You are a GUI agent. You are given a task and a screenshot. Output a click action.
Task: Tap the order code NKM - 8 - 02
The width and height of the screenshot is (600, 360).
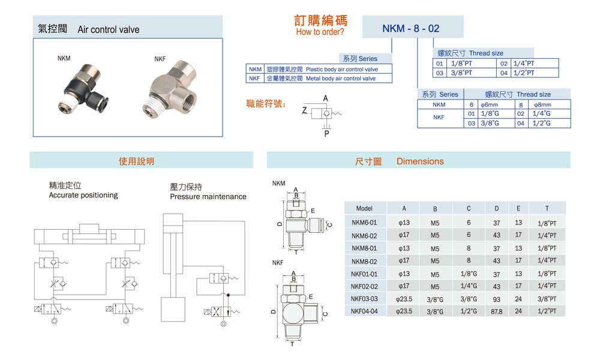(x=411, y=28)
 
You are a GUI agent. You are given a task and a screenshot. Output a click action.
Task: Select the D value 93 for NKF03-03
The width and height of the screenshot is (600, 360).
(x=496, y=298)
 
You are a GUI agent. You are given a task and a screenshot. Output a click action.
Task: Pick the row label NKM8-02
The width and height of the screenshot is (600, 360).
(x=364, y=261)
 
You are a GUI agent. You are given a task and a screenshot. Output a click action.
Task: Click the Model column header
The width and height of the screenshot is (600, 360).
(x=364, y=209)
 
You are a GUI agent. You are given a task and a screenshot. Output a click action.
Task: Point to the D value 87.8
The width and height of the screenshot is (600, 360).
(x=496, y=311)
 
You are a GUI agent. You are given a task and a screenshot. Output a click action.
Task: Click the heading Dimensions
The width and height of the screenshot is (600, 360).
(x=420, y=161)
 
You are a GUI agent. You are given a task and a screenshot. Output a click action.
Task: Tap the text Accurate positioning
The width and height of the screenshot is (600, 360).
(x=83, y=195)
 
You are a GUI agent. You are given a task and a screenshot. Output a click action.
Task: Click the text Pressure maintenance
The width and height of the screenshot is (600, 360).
(x=208, y=197)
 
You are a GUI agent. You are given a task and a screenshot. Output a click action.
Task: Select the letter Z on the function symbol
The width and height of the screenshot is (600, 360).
(x=305, y=111)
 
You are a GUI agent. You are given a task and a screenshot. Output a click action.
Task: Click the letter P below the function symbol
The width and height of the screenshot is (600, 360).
(x=326, y=134)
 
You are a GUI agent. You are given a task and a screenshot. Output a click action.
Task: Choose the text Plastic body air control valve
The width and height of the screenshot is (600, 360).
(x=341, y=70)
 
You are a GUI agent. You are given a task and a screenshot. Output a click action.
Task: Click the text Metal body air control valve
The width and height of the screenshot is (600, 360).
(x=340, y=79)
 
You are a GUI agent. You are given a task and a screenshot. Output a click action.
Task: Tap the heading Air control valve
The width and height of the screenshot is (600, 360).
(x=108, y=29)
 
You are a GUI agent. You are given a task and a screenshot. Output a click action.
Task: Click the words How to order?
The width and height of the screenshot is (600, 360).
(x=320, y=32)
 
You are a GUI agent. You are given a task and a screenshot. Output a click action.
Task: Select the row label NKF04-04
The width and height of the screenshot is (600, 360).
(x=364, y=311)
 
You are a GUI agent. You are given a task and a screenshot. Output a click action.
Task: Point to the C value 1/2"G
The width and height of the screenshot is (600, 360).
(x=469, y=311)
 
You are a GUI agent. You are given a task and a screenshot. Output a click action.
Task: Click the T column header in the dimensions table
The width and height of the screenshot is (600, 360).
(x=547, y=209)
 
